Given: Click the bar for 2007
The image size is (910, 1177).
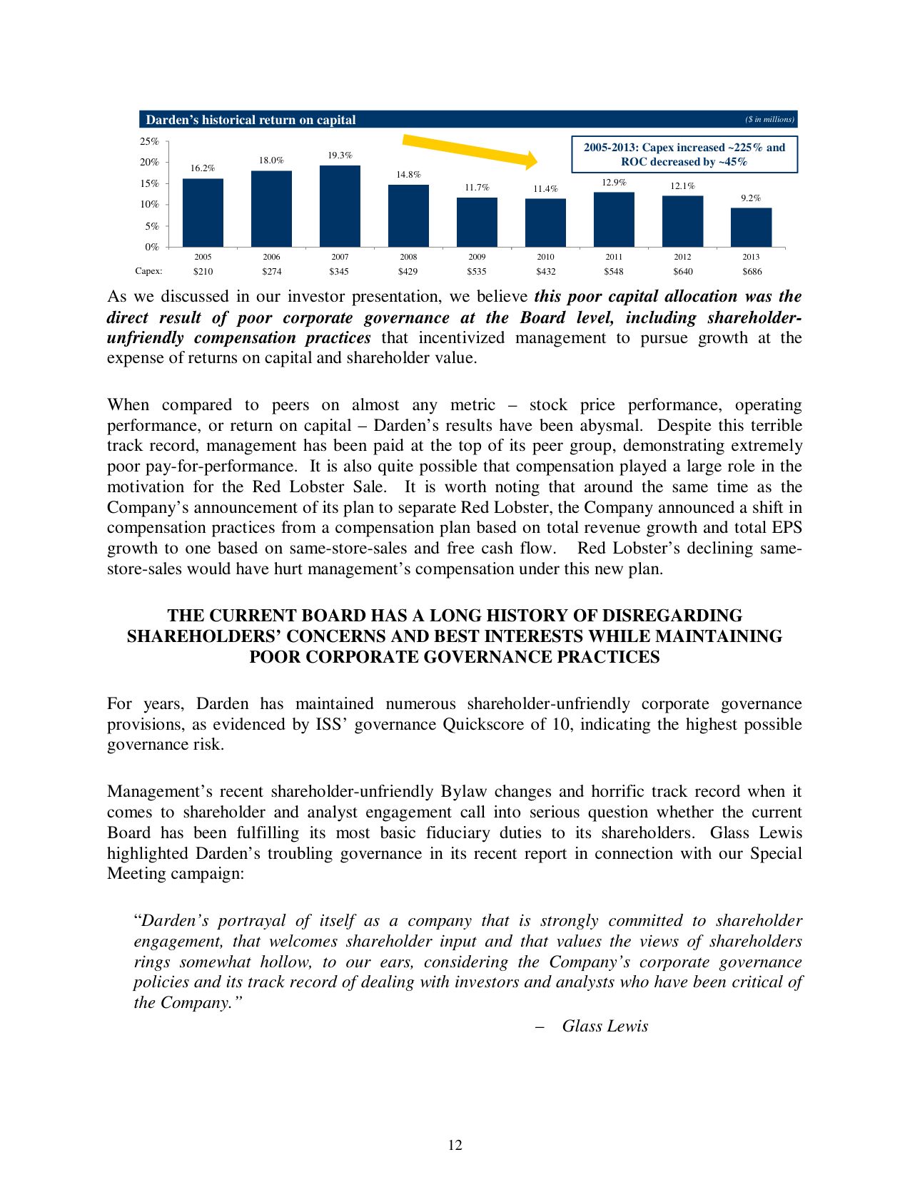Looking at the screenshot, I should tap(340, 206).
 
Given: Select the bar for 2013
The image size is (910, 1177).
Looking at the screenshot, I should tap(751, 228).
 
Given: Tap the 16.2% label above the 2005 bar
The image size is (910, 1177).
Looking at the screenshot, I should tap(203, 168).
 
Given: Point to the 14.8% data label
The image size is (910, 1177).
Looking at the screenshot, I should tap(408, 175).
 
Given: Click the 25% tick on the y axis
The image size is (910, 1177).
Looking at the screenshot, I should tap(149, 141).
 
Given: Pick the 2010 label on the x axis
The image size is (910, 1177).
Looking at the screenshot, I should tap(545, 257).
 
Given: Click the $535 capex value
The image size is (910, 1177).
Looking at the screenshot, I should tap(476, 272).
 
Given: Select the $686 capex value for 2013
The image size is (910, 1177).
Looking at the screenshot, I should tap(752, 272).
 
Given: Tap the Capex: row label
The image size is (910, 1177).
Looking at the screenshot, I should tap(148, 271).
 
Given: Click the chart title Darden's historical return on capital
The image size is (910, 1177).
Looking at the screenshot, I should tap(251, 120).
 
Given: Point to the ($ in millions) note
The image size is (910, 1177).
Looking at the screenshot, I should tap(769, 120).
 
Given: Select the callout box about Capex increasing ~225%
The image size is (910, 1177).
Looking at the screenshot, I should tap(684, 155).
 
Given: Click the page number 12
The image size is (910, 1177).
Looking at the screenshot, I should tap(455, 1145).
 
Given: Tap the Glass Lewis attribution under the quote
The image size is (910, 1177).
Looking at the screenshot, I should tap(605, 1026).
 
